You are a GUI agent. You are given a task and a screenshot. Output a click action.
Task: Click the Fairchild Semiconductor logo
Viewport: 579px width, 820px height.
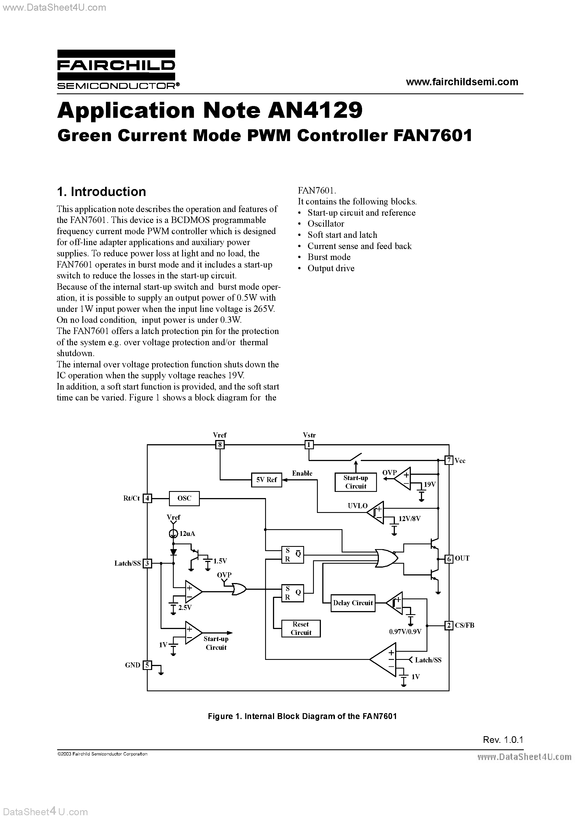pos(116,69)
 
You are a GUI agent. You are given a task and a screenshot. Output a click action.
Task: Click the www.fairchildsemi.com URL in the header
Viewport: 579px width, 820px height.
pos(462,82)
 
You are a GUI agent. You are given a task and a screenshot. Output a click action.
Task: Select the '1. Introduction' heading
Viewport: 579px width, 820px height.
pos(101,192)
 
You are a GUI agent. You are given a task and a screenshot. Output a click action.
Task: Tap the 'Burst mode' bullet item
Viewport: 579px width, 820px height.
pos(329,257)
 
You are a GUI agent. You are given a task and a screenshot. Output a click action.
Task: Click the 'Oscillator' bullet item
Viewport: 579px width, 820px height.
pos(326,224)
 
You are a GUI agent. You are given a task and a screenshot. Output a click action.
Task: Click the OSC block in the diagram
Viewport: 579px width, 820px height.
pos(184,498)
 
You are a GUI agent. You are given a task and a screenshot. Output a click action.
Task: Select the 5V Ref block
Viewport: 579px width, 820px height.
pos(267,480)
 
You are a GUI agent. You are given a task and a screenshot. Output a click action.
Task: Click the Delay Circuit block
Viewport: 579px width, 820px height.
pos(353,603)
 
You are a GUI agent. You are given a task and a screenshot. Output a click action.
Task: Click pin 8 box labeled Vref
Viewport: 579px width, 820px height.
pos(220,445)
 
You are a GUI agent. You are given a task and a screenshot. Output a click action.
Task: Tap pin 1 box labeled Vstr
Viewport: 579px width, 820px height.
pos(309,445)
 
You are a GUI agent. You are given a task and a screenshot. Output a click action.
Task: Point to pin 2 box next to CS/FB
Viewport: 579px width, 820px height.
pos(449,625)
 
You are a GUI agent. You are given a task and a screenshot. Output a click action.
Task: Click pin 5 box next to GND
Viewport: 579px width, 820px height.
pos(147,665)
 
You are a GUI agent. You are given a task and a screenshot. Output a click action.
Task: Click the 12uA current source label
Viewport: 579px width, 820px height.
pos(187,534)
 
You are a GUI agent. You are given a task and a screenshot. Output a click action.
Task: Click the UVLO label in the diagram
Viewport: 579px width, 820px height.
pos(357,506)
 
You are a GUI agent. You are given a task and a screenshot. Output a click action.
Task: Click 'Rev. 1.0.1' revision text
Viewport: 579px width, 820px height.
pos(502,740)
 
